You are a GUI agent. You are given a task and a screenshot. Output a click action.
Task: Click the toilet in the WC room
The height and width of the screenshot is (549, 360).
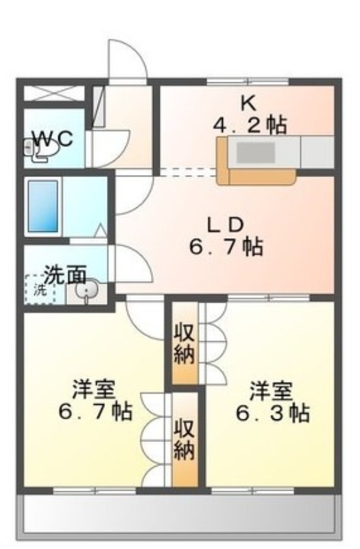click(40, 150)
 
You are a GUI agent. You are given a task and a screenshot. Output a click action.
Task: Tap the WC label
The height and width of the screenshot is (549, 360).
click(53, 139)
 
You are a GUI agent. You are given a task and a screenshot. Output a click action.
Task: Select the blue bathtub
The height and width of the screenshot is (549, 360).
click(43, 207)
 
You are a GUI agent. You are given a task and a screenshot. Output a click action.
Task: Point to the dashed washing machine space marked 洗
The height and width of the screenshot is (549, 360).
click(40, 290)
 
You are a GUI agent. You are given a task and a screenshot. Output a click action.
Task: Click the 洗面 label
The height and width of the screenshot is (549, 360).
click(65, 275)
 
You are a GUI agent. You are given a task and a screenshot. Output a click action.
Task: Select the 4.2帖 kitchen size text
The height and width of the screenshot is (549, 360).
click(250, 126)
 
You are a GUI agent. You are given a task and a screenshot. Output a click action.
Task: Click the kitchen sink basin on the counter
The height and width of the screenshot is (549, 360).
click(256, 152)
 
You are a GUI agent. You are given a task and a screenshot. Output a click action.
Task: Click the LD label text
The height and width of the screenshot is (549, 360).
click(226, 225)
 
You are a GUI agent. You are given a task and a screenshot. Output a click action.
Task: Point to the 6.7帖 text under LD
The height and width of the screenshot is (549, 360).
click(226, 247)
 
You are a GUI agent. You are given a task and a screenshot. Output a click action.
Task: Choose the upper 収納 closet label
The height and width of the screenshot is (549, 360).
click(184, 344)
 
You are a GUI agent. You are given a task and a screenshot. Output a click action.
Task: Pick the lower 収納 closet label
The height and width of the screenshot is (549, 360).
click(184, 439)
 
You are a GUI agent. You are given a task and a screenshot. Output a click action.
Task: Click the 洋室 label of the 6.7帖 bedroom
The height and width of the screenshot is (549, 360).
click(94, 390)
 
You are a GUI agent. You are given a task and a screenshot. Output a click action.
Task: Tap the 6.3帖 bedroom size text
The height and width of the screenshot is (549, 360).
click(273, 413)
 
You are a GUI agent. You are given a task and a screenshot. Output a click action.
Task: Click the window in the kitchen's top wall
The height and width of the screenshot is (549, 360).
click(248, 82)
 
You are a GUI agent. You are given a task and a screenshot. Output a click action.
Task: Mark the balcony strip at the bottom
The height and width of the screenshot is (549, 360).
click(179, 514)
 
